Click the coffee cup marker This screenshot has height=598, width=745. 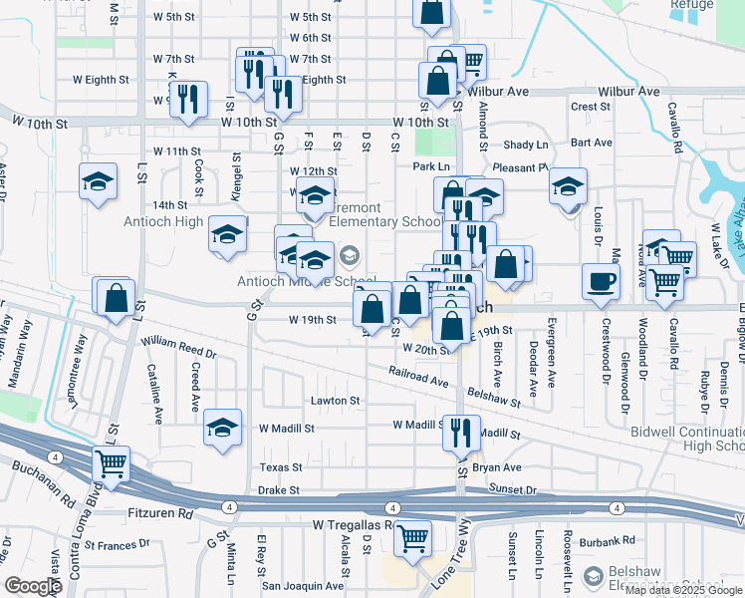click(x=601, y=281)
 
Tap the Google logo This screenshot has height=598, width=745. click(x=34, y=586)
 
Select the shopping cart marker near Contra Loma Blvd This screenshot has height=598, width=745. click(x=112, y=462)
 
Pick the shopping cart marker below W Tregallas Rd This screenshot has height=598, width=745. click(x=411, y=538)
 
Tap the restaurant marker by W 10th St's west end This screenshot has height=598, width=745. click(x=188, y=99)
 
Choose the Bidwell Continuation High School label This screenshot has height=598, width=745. click(x=687, y=439)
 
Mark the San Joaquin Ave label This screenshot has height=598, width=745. click(x=303, y=586)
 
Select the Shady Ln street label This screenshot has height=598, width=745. click(x=526, y=145)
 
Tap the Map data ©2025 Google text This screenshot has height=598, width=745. click(x=683, y=591)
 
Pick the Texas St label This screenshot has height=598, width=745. click(x=281, y=466)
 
